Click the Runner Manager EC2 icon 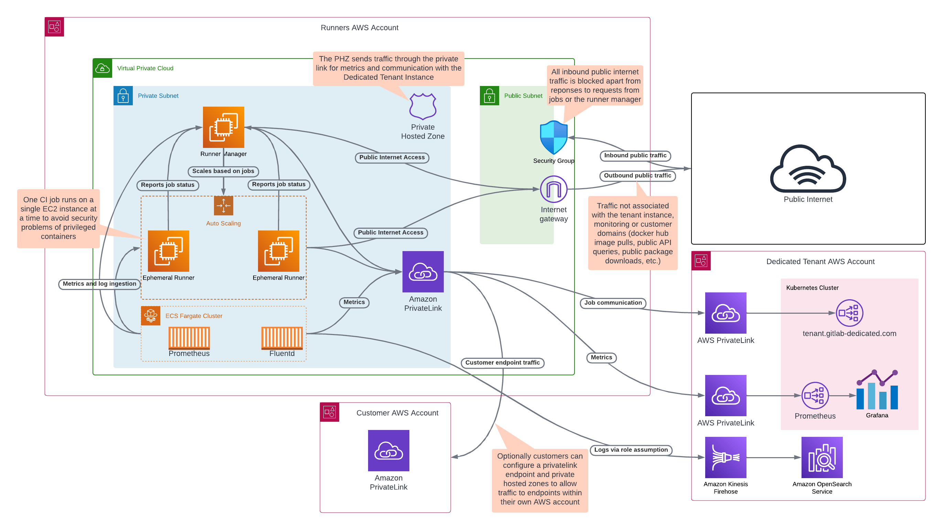pos(223,127)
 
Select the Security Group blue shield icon pos(553,137)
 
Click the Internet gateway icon pos(553,189)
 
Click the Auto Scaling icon pos(223,205)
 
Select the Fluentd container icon pos(282,337)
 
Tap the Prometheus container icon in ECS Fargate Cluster pos(189,337)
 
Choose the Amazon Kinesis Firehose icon pos(725,457)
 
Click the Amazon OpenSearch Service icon pos(821,457)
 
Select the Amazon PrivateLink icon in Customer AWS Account pos(388,450)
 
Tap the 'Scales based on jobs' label pos(223,171)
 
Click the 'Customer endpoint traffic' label pos(502,363)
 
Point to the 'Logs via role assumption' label pos(631,450)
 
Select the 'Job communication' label pos(613,303)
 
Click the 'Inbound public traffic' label pos(635,155)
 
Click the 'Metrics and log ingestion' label pos(99,283)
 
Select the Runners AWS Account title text pos(359,28)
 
